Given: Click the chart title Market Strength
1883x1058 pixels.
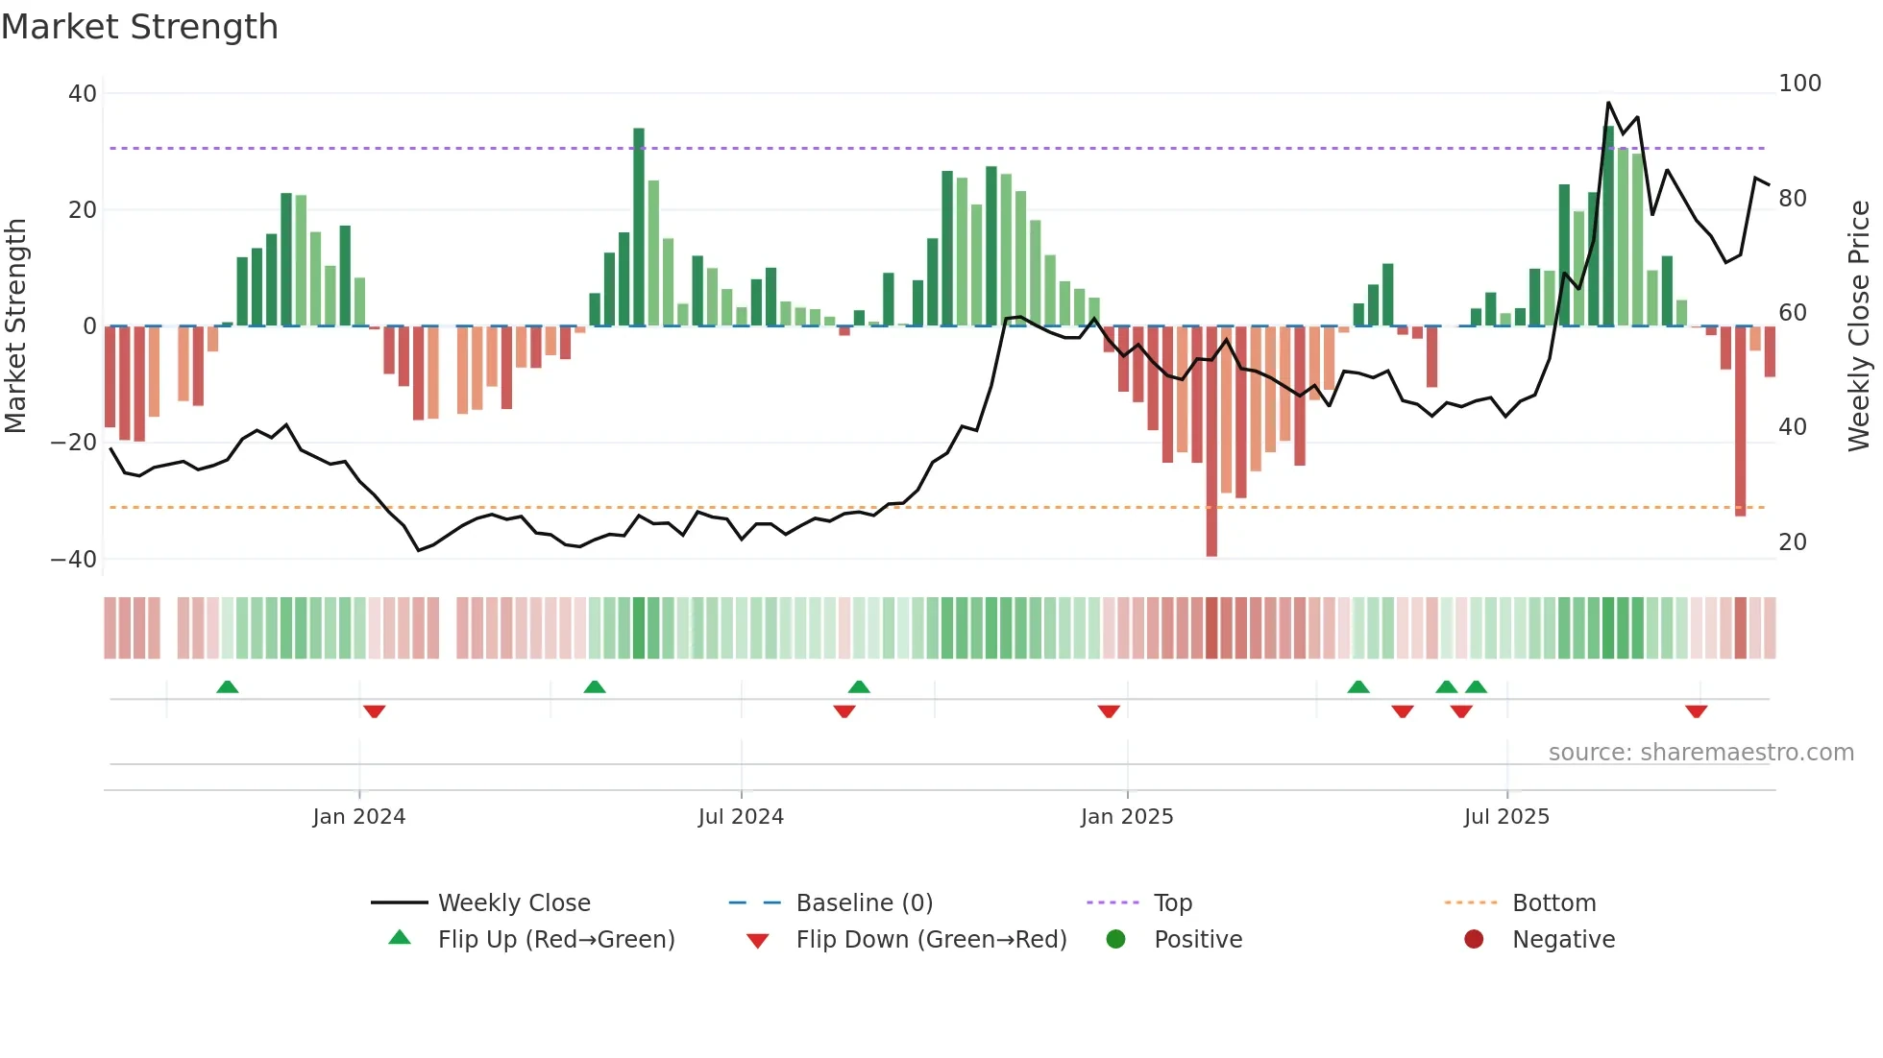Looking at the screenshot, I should pos(139,27).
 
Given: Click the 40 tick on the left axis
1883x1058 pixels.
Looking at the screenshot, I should pos(83,94).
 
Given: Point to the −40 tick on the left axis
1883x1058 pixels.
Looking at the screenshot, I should pos(74,559).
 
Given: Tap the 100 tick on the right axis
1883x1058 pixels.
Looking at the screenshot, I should pos(1799,84).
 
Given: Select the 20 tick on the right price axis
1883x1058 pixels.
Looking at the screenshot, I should pos(1793,542).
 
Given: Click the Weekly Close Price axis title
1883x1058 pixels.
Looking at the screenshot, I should pos(1859,326).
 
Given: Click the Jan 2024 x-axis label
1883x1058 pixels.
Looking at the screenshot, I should pos(359,817).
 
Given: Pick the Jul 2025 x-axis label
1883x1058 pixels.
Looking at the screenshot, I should pos(1506,817).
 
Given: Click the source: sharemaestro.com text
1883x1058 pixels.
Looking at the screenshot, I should pos(1700,753).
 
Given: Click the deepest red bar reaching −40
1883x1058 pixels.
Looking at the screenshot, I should pos(1211,442).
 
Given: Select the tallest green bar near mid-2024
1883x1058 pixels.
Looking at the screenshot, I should pos(639,227).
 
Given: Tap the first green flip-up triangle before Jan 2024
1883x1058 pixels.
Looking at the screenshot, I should pos(228,687).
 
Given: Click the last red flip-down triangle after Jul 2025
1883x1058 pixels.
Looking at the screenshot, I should pos(1696,711).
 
